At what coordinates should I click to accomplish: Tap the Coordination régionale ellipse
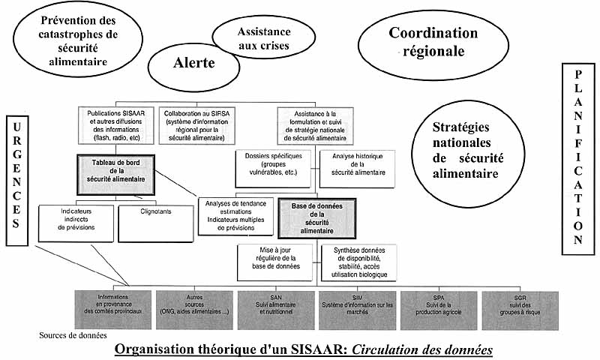(x=433, y=43)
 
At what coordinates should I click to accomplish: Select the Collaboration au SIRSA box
(x=202, y=124)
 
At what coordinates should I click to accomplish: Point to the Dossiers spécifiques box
(x=271, y=165)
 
